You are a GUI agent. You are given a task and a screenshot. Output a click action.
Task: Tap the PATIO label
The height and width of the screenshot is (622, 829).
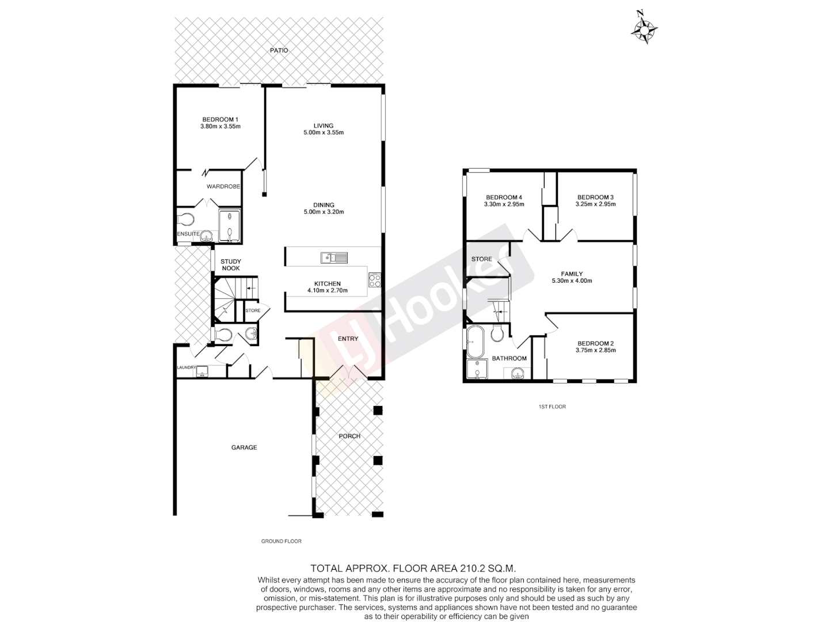point(279,51)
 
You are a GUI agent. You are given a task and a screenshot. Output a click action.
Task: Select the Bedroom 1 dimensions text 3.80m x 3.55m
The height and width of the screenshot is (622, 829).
point(220,126)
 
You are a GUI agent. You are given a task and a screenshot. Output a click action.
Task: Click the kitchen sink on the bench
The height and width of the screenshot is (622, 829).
point(334,257)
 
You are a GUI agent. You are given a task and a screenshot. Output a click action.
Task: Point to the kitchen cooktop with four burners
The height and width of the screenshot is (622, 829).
point(374,279)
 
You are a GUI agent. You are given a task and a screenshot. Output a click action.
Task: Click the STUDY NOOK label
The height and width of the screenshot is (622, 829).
point(231,265)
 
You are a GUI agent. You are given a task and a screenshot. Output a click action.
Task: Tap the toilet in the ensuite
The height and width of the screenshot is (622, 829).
point(185,219)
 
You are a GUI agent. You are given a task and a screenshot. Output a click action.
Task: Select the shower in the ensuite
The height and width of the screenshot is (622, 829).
point(230,226)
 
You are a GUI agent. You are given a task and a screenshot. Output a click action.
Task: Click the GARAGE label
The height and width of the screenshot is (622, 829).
point(244,447)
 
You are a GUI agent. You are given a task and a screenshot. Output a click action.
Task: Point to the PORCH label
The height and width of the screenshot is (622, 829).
point(349,436)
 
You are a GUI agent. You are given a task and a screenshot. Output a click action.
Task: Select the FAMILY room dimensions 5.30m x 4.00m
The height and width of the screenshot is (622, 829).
point(572,281)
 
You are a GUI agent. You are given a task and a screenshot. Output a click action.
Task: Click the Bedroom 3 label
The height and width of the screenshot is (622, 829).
point(596,197)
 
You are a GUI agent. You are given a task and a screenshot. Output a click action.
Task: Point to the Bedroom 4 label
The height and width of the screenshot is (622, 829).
point(504,197)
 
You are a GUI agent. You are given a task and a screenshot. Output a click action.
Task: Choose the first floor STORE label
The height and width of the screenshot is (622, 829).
point(481,259)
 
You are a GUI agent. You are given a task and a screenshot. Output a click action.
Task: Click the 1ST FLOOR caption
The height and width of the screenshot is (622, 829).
point(552,407)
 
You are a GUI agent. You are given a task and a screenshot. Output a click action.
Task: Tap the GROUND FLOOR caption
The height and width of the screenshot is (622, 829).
point(281,541)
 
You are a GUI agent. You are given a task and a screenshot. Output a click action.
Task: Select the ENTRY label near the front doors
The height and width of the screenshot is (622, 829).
point(348,339)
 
